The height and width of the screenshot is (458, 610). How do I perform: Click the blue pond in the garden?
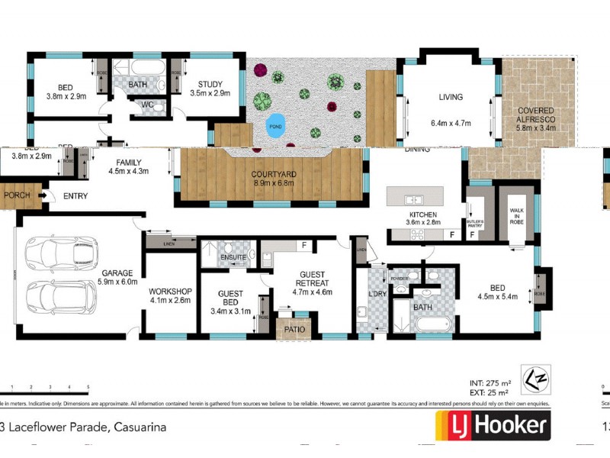[x=274, y=127]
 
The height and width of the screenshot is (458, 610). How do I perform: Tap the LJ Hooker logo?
[x=493, y=425]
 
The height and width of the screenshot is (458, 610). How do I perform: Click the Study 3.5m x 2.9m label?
[x=209, y=89]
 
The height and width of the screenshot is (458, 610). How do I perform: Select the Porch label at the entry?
[x=17, y=196]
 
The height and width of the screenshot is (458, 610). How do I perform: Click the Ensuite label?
[x=233, y=258]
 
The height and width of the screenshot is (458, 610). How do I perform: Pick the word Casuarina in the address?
[x=140, y=427]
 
